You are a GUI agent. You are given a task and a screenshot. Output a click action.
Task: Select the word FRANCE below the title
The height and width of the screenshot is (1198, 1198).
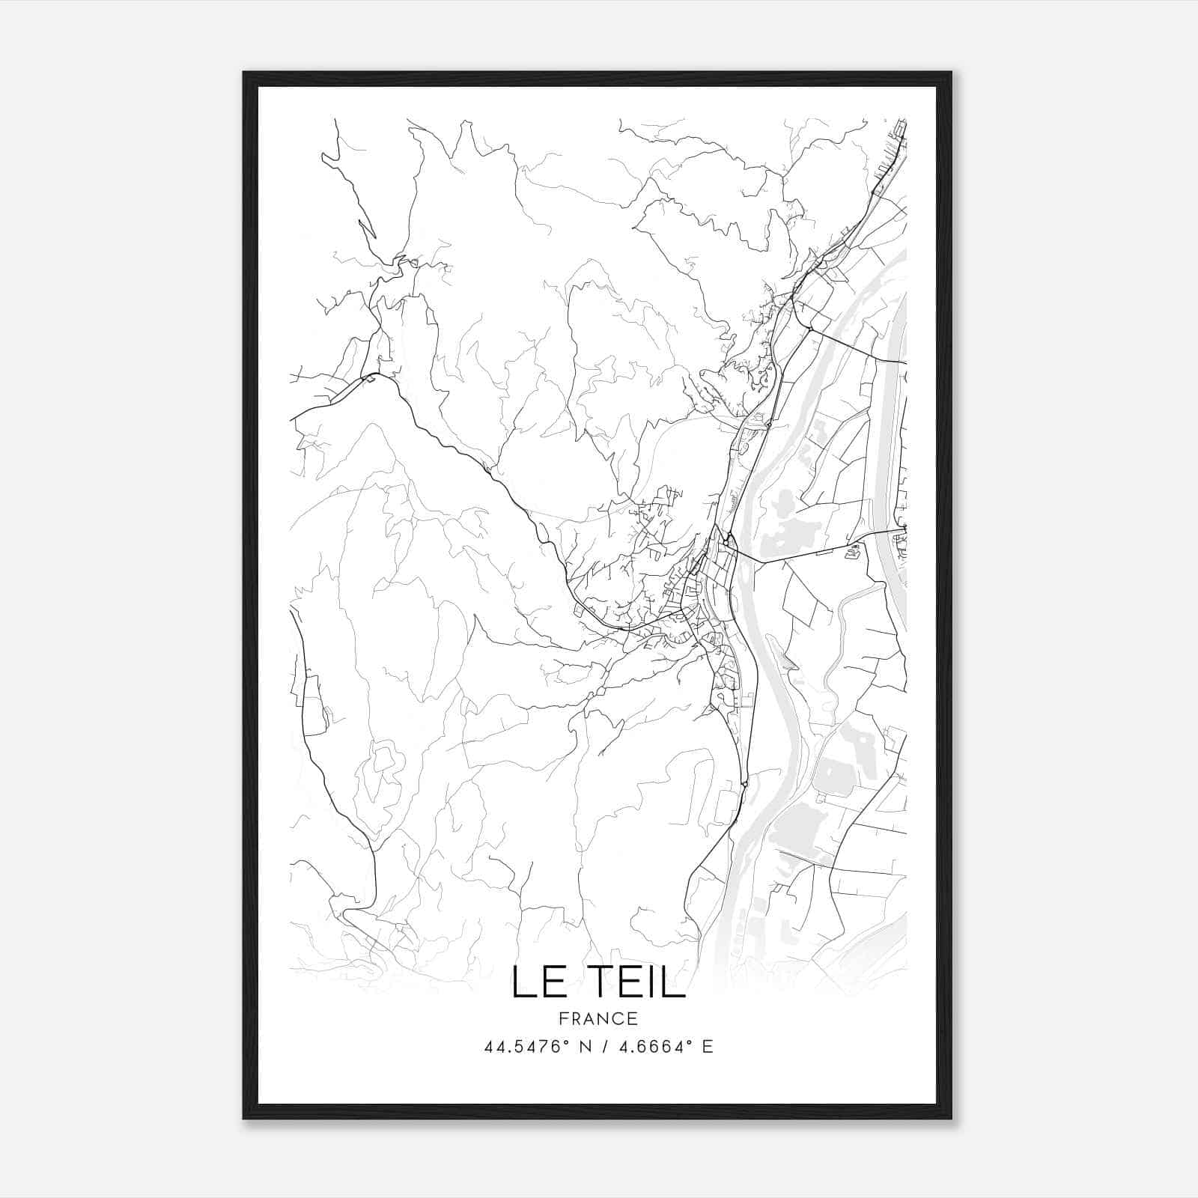tap(598, 1018)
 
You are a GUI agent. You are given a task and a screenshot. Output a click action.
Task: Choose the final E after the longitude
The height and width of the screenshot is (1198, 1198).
tap(708, 1047)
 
